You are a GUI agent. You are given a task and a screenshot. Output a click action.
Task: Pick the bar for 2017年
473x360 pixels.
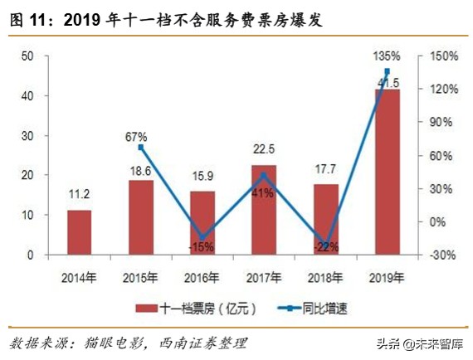pyautogui.click(x=264, y=210)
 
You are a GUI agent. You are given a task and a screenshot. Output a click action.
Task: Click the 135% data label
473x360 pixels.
pyautogui.click(x=388, y=56)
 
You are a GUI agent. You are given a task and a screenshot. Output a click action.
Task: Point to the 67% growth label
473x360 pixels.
pyautogui.click(x=137, y=136)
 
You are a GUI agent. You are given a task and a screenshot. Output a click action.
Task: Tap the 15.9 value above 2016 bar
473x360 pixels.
pyautogui.click(x=202, y=177)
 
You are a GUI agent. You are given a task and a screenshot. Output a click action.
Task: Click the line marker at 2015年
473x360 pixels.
pyautogui.click(x=141, y=148)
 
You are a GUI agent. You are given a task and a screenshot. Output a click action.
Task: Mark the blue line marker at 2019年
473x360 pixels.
pyautogui.click(x=387, y=72)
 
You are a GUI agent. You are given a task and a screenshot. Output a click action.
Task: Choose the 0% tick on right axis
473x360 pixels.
pyautogui.click(x=437, y=221)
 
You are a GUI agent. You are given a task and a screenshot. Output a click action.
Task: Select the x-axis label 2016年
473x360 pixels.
pyautogui.click(x=202, y=276)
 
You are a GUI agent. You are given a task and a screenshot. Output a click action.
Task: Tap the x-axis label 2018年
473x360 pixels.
pyautogui.click(x=325, y=276)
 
